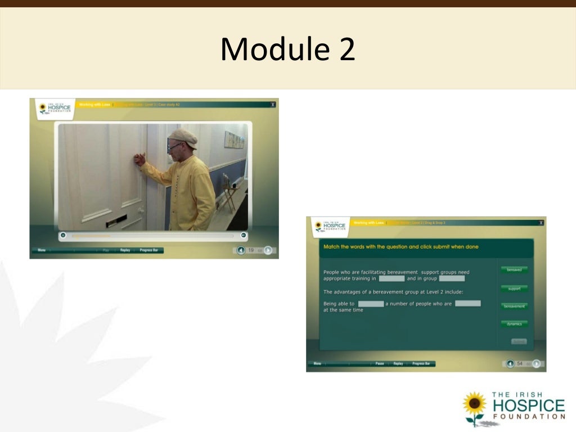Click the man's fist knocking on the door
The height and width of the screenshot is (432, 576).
pos(138,159)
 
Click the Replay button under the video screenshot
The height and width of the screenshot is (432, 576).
pos(125,250)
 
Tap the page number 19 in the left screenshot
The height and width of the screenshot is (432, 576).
pos(251,250)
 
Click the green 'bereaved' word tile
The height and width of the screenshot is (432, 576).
pos(514,270)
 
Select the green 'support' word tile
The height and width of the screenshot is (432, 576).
pos(514,289)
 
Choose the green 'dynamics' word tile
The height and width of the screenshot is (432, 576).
pos(514,324)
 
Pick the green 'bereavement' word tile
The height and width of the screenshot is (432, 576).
pos(514,307)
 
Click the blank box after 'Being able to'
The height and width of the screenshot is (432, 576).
pos(371,304)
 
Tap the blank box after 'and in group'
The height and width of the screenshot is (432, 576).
pos(452,278)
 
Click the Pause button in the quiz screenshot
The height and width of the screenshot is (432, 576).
pos(380,364)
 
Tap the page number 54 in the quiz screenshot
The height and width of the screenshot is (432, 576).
pos(520,364)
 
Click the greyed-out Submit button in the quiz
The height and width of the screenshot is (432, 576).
pos(519,341)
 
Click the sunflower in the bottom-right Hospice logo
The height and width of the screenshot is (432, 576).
pos(474,404)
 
